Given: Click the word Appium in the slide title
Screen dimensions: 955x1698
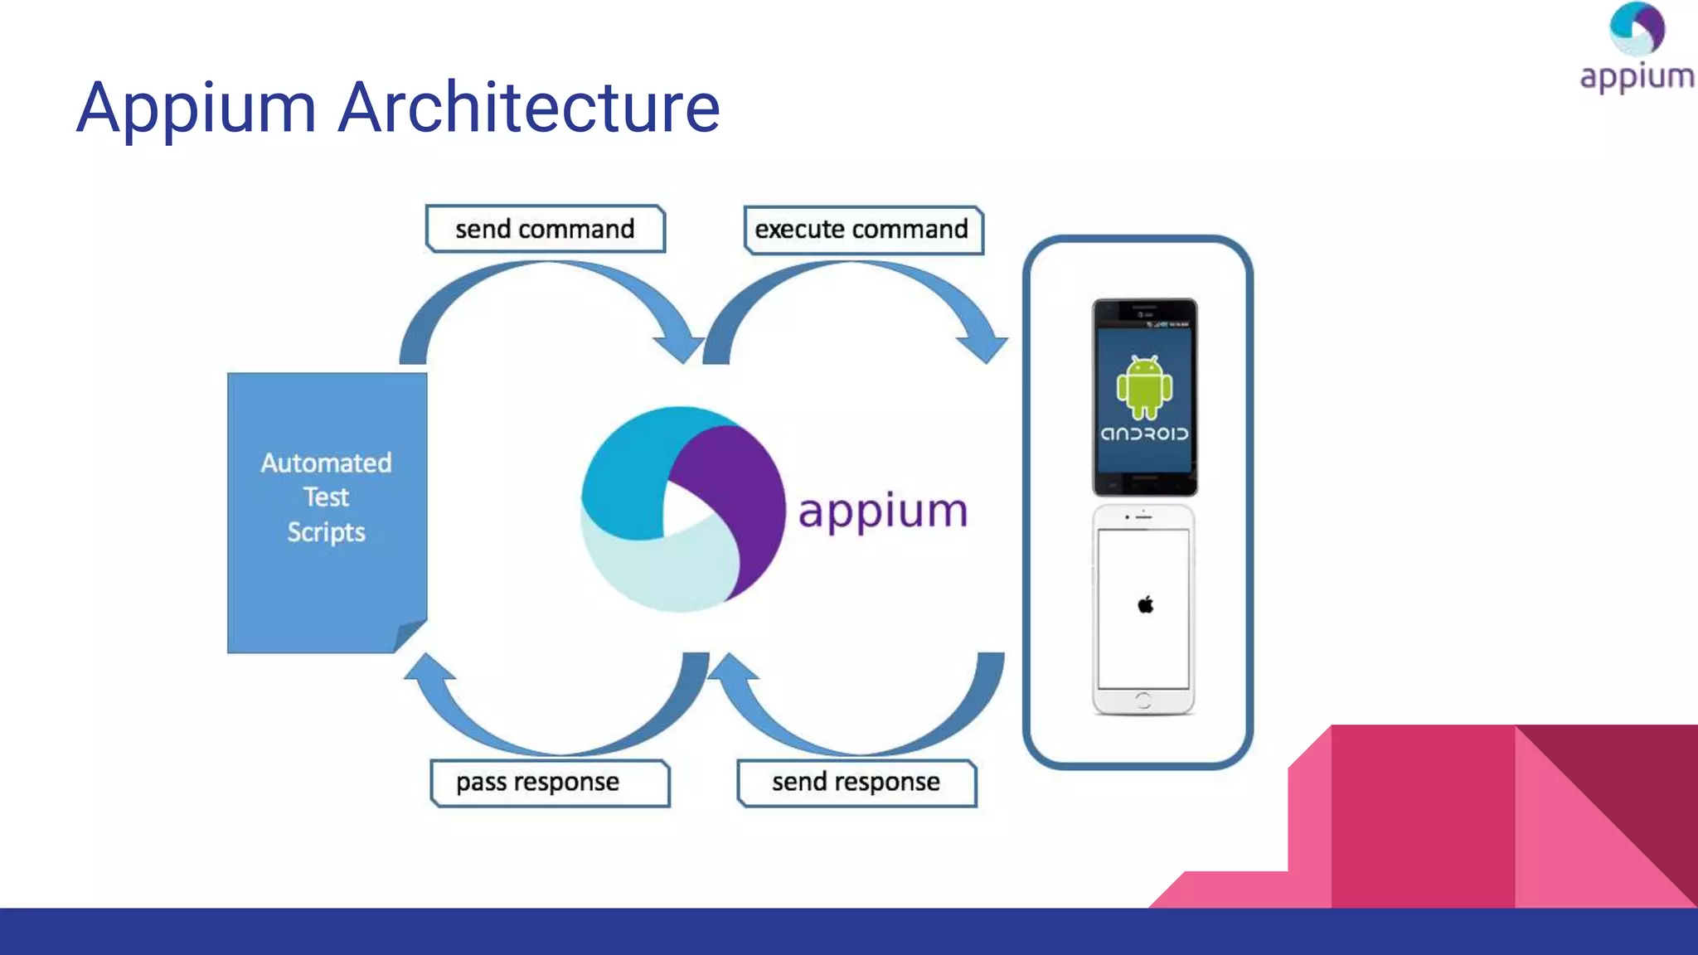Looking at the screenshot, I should pyautogui.click(x=196, y=108).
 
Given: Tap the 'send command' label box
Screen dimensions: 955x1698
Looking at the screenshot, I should pyautogui.click(x=545, y=229).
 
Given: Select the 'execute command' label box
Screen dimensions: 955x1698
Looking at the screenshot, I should pyautogui.click(x=861, y=230).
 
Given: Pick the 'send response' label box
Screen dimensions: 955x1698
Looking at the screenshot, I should pyautogui.click(x=856, y=783).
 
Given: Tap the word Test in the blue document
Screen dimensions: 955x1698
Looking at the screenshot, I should pyautogui.click(x=326, y=497).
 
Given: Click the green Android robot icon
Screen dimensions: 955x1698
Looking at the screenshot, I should pyautogui.click(x=1144, y=387).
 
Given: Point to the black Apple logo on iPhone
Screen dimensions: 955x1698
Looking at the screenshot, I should pyautogui.click(x=1145, y=604).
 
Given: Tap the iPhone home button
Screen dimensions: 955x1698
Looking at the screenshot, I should pyautogui.click(x=1143, y=700).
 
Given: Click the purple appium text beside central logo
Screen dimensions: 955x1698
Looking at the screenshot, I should pyautogui.click(x=882, y=511).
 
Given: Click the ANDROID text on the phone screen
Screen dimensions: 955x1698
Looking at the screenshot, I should pyautogui.click(x=1144, y=434).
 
